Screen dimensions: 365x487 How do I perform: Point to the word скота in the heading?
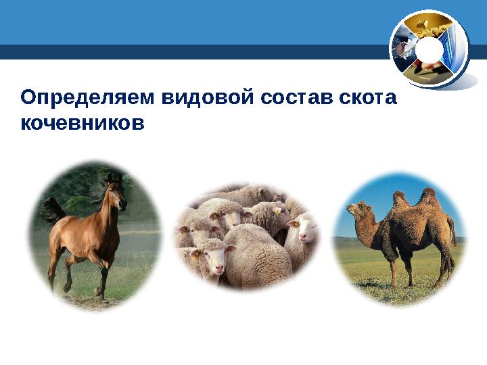tap(368, 99)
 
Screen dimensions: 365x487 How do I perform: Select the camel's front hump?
tap(400, 200)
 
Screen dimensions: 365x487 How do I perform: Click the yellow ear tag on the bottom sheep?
tap(197, 255)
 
